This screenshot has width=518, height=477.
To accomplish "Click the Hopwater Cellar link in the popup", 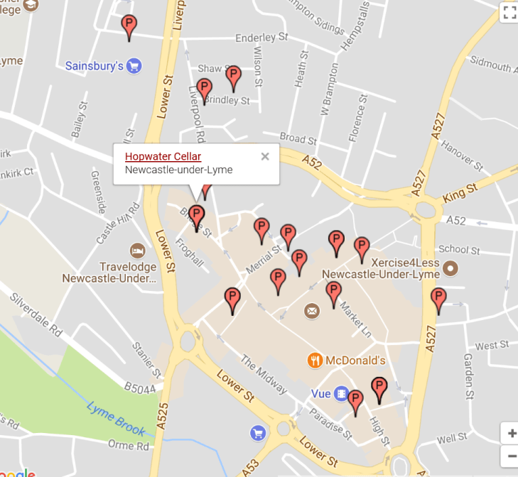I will click(163, 156).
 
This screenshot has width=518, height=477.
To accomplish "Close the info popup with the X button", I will click(265, 156).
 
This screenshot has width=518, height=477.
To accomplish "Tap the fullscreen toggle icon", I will click(509, 11).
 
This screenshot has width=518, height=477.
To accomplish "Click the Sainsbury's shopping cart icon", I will click(134, 66).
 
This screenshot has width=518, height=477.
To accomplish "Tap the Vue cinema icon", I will click(342, 393).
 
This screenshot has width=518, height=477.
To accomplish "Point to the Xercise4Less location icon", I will click(450, 268).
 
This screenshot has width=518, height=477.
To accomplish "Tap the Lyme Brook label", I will click(117, 419).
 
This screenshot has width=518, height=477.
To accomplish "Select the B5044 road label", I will click(139, 388).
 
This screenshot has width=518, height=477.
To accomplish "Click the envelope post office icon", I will click(312, 311).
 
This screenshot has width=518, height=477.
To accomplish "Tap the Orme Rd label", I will click(129, 446).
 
